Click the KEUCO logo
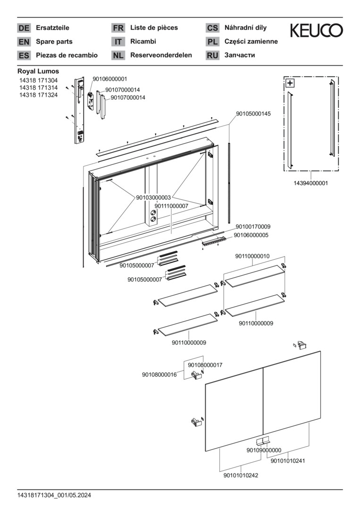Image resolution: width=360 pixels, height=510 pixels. (x=316, y=31)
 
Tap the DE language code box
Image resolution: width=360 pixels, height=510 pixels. (x=24, y=28)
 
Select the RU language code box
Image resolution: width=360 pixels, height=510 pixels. (x=212, y=55)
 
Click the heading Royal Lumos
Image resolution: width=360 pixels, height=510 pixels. (x=38, y=71)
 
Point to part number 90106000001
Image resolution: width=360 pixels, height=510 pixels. (x=110, y=79)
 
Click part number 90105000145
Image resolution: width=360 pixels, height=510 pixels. (x=253, y=114)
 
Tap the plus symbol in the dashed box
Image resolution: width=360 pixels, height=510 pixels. (x=290, y=83)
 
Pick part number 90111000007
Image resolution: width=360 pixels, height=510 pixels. (x=171, y=206)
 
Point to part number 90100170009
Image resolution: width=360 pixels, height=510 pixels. (x=253, y=227)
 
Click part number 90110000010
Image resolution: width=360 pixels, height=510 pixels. (x=252, y=256)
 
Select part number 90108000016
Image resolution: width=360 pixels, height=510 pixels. (x=159, y=374)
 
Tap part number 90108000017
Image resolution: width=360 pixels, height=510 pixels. (x=205, y=365)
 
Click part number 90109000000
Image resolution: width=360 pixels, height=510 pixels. (x=264, y=450)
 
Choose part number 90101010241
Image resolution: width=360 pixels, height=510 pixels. (x=288, y=461)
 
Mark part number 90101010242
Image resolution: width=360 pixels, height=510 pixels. (x=241, y=476)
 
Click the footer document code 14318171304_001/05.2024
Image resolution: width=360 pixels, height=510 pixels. (x=54, y=495)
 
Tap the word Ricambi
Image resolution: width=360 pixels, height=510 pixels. (x=143, y=42)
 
